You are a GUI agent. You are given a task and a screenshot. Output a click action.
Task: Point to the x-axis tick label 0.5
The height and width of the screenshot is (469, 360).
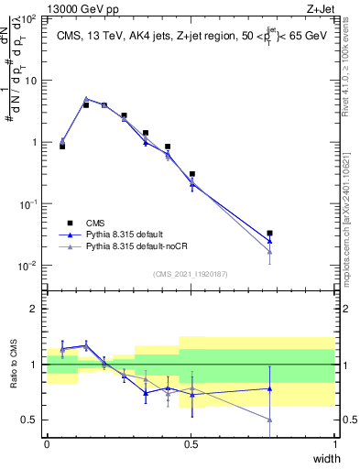[x=191, y=443]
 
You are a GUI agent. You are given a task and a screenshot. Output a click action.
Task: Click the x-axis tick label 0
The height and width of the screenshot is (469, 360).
[x=47, y=443]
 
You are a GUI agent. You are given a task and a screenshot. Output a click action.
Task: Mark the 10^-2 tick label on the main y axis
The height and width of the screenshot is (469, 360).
[x=27, y=267]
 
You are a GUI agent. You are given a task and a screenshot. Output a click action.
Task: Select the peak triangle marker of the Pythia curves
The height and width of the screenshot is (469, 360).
[x=86, y=99]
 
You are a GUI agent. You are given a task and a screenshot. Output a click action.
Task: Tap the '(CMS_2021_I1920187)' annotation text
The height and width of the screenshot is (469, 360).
[x=190, y=274]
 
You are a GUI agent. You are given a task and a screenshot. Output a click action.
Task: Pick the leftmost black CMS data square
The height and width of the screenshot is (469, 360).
[x=62, y=146]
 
